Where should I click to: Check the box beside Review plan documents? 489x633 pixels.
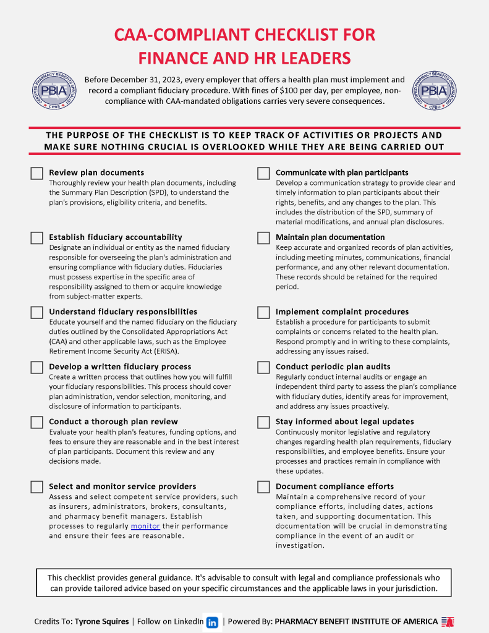(36, 173)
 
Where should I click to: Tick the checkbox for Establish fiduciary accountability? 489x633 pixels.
(36, 237)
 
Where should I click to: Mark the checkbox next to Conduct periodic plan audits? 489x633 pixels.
(263, 367)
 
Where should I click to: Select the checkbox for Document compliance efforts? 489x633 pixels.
(263, 486)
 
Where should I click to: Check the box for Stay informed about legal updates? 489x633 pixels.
(263, 422)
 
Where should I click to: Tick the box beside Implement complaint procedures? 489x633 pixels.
(263, 312)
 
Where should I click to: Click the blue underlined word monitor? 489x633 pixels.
(145, 526)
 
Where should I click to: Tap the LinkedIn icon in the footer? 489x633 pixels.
(212, 622)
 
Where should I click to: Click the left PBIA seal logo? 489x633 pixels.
(53, 91)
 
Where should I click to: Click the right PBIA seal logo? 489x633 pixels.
(436, 91)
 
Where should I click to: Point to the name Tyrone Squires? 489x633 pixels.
(102, 622)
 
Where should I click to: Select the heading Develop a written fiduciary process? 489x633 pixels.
(120, 367)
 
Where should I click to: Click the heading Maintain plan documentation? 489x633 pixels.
(330, 237)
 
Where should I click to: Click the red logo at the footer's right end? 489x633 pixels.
(448, 622)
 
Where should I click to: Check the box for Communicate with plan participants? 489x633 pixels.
(263, 173)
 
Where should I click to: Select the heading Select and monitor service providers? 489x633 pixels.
(122, 486)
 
